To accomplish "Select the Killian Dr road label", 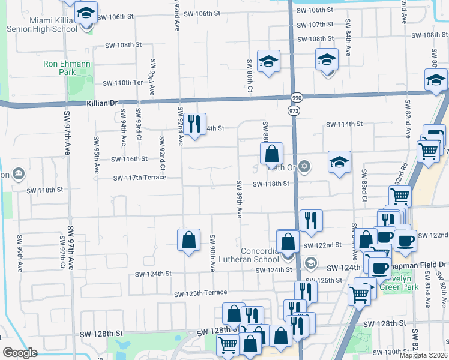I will tap(103, 103).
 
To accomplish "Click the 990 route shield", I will tap(297, 97).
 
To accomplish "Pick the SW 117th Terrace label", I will tap(140, 178).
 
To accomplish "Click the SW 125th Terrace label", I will tap(200, 293).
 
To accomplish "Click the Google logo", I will tap(19, 353).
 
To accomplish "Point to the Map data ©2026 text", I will tap(423, 355).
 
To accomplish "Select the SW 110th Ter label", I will tap(123, 83).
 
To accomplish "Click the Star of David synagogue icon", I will tap(304, 166).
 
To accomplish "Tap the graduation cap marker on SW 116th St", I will tap(339, 162).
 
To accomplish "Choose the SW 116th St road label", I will tap(129, 159).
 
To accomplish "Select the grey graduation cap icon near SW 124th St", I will tap(310, 262).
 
